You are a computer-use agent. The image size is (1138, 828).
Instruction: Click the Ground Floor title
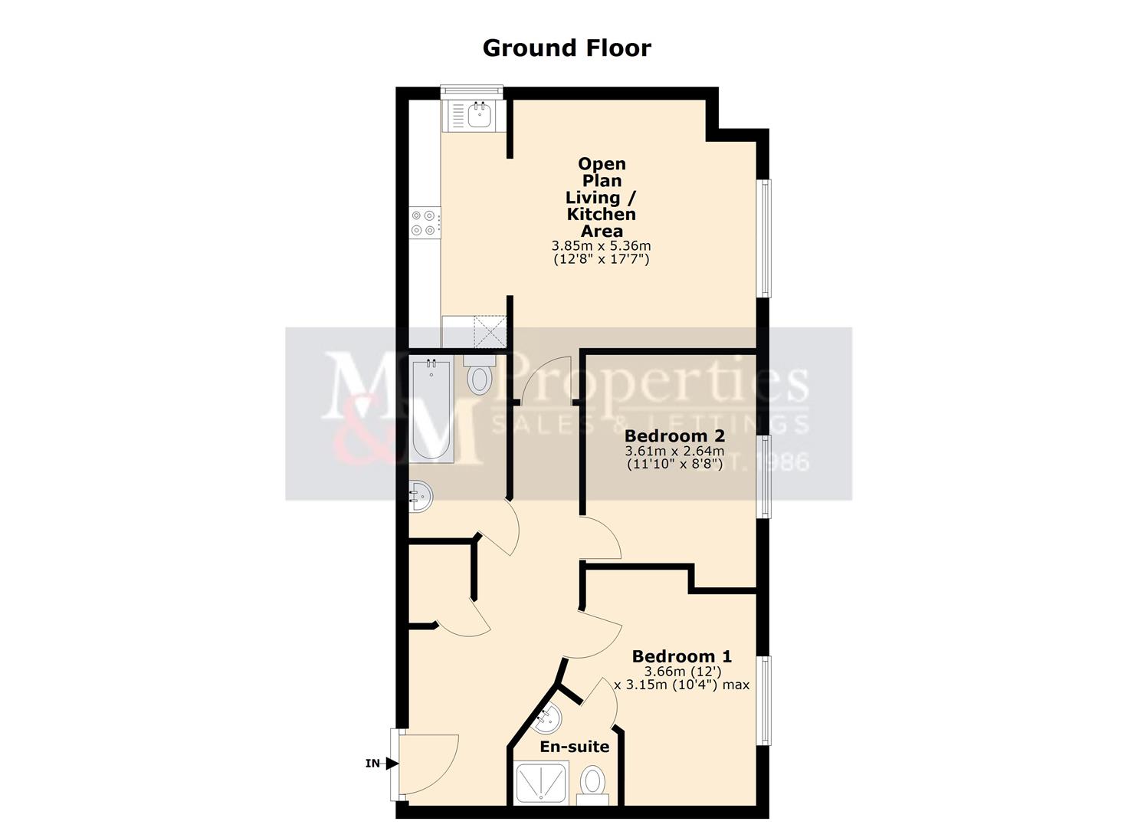coord(566,48)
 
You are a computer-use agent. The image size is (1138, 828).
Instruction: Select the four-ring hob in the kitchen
coord(424,222)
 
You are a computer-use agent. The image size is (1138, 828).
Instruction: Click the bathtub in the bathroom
coord(431,410)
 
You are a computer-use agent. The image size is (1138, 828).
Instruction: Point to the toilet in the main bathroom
coord(480,376)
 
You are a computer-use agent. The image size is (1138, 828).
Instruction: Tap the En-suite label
coord(575,747)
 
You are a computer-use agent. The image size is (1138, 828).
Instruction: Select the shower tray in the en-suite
coord(541,783)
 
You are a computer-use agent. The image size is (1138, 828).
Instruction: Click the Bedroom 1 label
coord(681,656)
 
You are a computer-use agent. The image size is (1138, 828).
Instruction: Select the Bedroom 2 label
coord(674,435)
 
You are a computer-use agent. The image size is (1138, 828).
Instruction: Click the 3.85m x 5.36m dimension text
coord(601,246)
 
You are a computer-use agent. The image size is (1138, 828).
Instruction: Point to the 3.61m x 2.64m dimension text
coord(674,451)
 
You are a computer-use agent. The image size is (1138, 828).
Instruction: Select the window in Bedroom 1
coord(764,700)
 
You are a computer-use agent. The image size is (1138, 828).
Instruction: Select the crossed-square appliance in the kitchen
coord(490,331)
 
